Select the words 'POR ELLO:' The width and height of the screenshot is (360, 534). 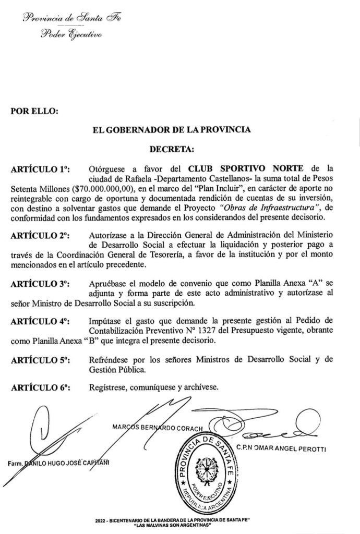(34, 111)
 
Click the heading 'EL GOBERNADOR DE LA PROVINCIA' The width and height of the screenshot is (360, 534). (171, 129)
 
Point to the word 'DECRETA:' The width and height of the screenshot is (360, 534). (172, 149)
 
